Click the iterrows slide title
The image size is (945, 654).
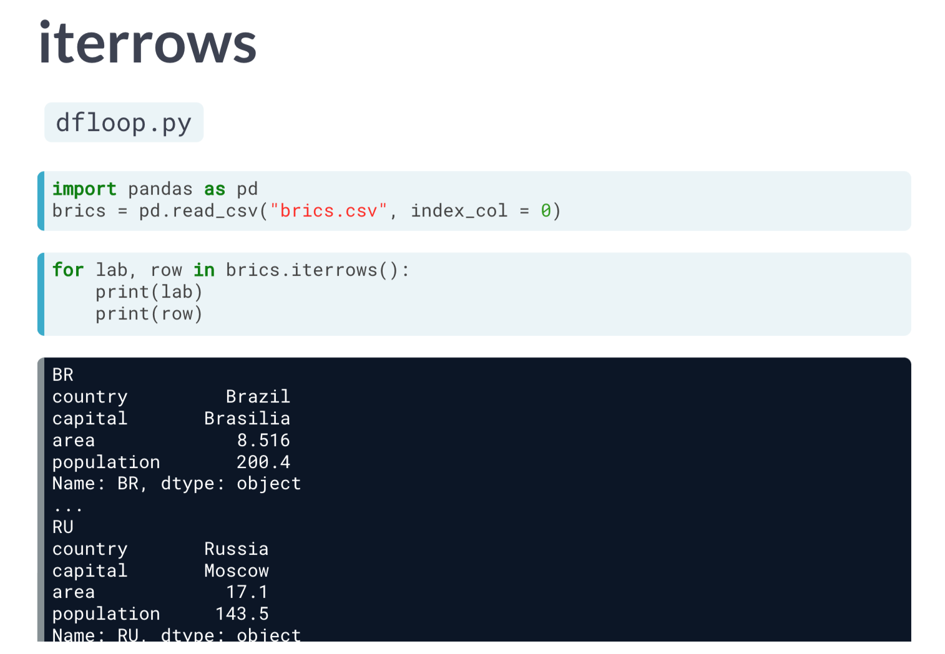(147, 44)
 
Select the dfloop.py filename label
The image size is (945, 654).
(124, 123)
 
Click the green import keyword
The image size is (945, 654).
(84, 189)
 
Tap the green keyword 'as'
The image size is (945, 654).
(215, 189)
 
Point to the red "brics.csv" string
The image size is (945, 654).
(329, 211)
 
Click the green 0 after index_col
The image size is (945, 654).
(546, 211)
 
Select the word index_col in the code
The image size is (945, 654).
(459, 211)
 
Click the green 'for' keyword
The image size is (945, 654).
(68, 270)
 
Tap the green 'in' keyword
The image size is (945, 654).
(204, 270)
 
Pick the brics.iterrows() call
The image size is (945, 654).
(311, 270)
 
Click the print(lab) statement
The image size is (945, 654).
(149, 292)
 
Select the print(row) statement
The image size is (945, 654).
(149, 314)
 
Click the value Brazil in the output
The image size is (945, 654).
(258, 397)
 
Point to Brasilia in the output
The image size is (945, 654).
(247, 419)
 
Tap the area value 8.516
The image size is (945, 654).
(263, 441)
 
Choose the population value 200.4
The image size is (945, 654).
(263, 462)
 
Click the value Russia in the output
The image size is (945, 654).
(236, 549)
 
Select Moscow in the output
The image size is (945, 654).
(236, 571)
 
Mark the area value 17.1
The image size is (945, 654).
(247, 592)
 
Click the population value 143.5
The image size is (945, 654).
(242, 614)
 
